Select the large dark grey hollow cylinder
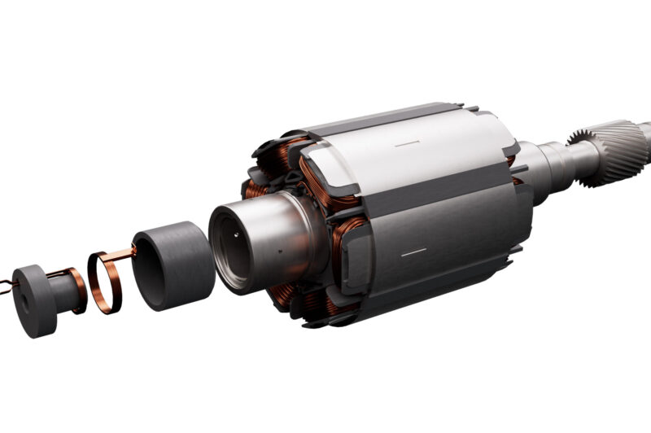tap(175, 264)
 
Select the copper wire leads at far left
tap(7, 285)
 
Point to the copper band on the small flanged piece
tap(78, 290)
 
